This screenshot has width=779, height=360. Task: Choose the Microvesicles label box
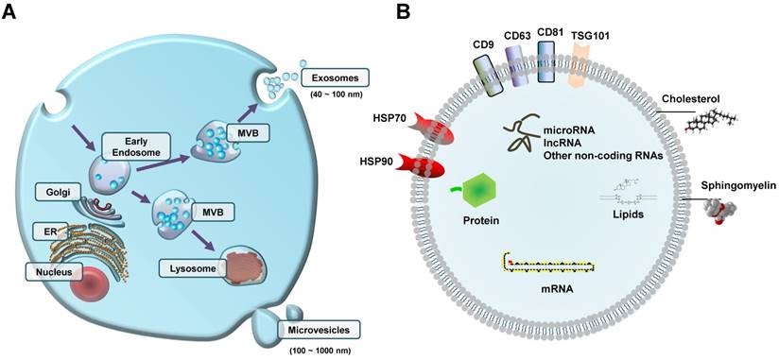click(x=322, y=329)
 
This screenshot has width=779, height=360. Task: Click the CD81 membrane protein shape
click(x=549, y=68)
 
